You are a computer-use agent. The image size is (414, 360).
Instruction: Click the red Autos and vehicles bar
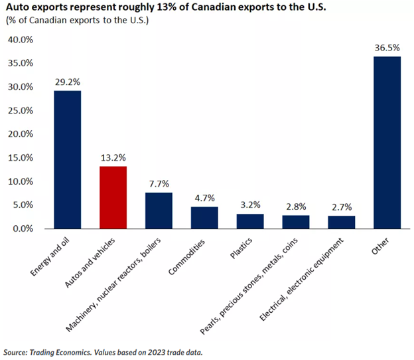pos(113,197)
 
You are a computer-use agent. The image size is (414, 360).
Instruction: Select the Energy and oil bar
pos(67,159)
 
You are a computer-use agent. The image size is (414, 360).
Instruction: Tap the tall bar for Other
pos(387,142)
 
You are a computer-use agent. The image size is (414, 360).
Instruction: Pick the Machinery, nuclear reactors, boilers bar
pos(159,211)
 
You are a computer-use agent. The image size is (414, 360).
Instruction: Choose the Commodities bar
pos(204,217)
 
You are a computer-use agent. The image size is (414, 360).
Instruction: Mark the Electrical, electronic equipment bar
pos(342,222)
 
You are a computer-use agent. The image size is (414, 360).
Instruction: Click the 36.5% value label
pos(387,48)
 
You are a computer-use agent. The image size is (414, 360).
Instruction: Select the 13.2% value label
pos(113,158)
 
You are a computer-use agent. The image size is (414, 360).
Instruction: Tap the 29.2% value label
pos(67,83)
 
